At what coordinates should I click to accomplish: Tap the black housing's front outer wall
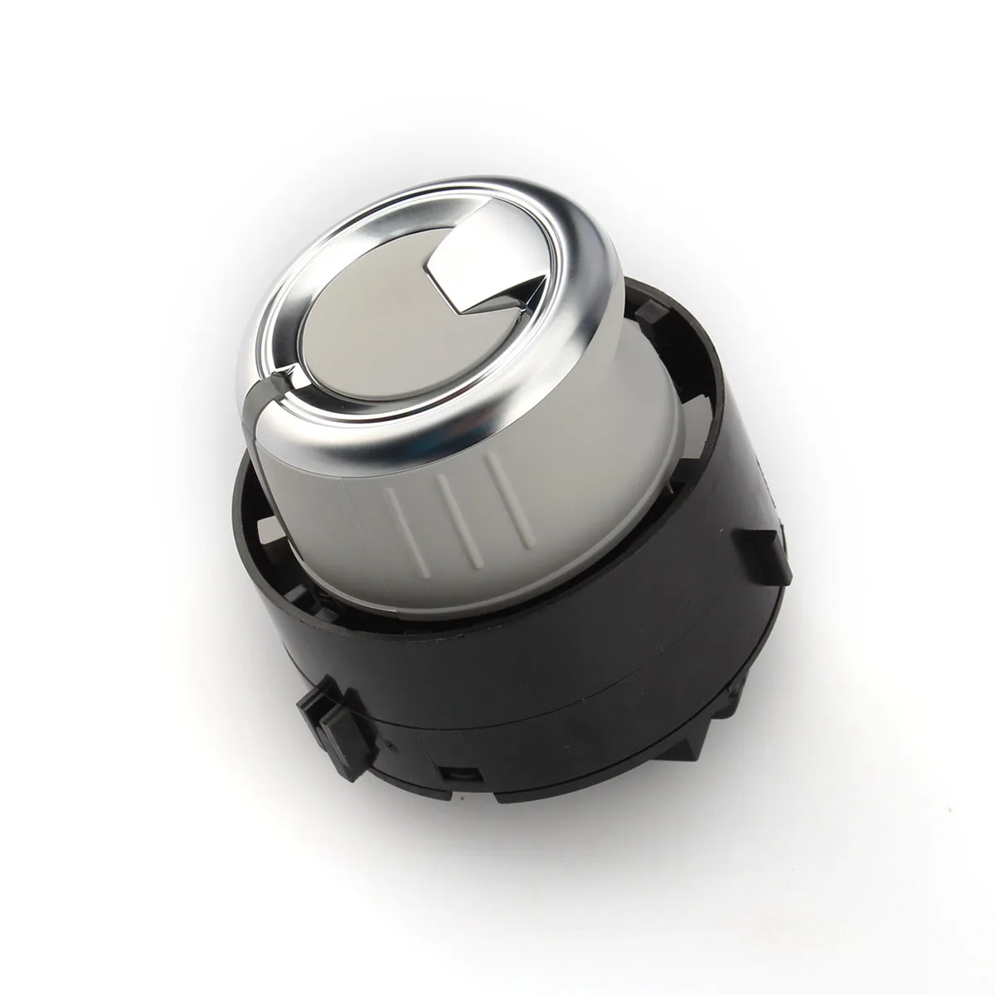[x=539, y=663]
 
